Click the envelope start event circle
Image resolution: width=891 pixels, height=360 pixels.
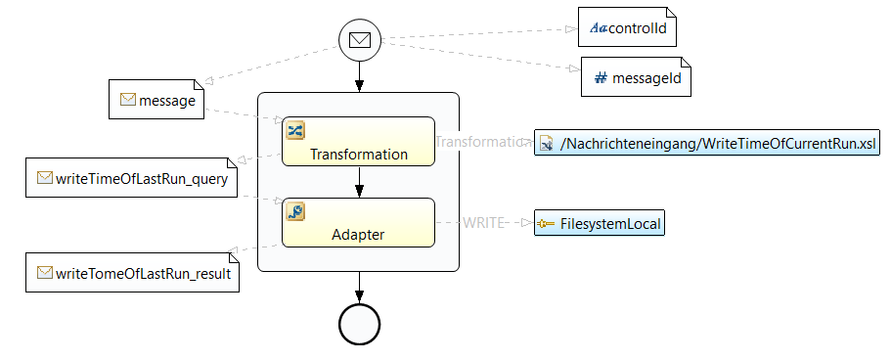[359, 40]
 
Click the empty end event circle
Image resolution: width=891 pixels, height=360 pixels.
[359, 324]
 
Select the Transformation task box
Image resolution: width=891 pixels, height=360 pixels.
[359, 142]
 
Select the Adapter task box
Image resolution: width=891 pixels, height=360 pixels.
[359, 222]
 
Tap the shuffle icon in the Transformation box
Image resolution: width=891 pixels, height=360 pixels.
[295, 130]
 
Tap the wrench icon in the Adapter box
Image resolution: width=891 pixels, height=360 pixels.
[295, 211]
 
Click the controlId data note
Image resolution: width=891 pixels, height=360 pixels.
[627, 26]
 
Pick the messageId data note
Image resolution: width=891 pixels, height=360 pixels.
[636, 76]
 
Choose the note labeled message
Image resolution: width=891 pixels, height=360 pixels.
[156, 100]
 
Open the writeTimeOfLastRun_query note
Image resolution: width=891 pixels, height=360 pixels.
[131, 177]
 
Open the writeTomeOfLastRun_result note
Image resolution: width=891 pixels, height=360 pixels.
[132, 272]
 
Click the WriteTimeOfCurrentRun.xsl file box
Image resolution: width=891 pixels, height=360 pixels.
[707, 143]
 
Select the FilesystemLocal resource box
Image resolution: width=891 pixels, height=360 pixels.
[599, 223]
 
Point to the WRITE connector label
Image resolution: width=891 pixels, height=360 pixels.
[483, 222]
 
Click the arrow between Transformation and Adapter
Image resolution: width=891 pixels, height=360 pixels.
[359, 182]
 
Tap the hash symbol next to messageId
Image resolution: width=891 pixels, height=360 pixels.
[601, 78]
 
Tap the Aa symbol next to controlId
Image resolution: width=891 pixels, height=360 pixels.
[599, 27]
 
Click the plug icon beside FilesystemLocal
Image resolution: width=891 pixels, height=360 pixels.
[546, 224]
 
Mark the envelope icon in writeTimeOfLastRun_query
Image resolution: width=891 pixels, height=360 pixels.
[45, 178]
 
